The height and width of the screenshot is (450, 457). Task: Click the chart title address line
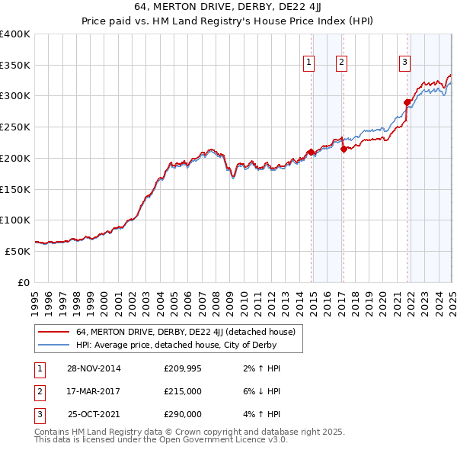coord(228,8)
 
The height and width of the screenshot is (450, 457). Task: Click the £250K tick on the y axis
coord(15,127)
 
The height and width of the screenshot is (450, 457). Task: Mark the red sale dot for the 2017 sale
coord(344,149)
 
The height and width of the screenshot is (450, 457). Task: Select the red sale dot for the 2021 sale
coord(407,101)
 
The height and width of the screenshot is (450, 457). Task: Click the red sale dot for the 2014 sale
coord(312,152)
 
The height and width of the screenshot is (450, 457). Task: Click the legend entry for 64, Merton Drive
coord(190,332)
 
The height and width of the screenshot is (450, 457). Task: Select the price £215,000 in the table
coord(183,391)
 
